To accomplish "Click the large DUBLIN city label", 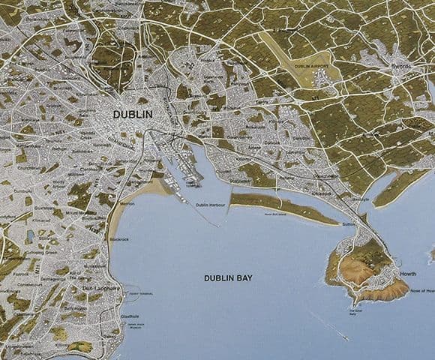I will click(132, 115).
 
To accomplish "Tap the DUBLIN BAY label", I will click(228, 278).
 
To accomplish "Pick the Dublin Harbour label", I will click(212, 205).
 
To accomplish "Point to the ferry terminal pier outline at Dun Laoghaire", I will click(132, 293).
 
